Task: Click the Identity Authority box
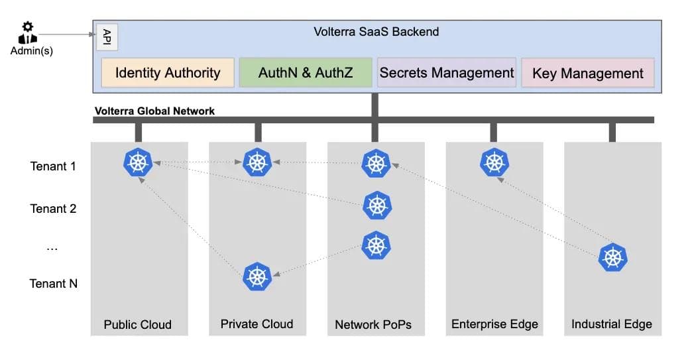coord(168,72)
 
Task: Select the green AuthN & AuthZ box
coord(306,72)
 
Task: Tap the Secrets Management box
coord(447,72)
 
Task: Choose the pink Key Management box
coord(588,73)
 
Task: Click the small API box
coord(107,38)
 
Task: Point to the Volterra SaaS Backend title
coord(376,31)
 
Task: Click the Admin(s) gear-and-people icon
coord(27,33)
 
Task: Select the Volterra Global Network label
coord(154,111)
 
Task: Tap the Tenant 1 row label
coord(53,166)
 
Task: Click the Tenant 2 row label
coord(53,209)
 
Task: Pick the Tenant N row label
coord(53,284)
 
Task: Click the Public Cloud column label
coord(138,325)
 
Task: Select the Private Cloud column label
coord(257,324)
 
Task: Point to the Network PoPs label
coord(373,325)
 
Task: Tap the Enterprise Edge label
coord(494,324)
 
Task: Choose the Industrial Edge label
coord(612,324)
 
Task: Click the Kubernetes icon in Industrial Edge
coord(612,258)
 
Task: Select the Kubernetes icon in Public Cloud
coord(138,162)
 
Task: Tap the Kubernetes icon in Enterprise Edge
coord(494,162)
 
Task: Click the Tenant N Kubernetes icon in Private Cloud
coord(257,276)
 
